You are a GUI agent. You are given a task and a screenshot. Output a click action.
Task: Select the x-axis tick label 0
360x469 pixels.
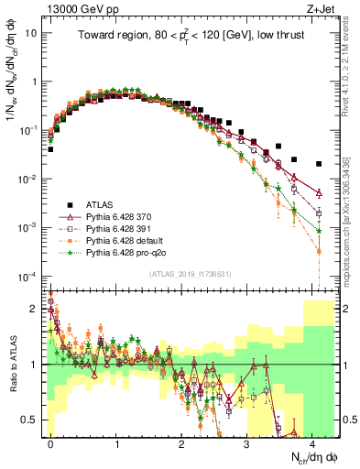tap(50, 442)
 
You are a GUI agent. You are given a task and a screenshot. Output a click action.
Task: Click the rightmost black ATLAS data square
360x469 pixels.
tap(318, 164)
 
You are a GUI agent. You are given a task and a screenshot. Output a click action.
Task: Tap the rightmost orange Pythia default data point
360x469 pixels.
tap(318, 251)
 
